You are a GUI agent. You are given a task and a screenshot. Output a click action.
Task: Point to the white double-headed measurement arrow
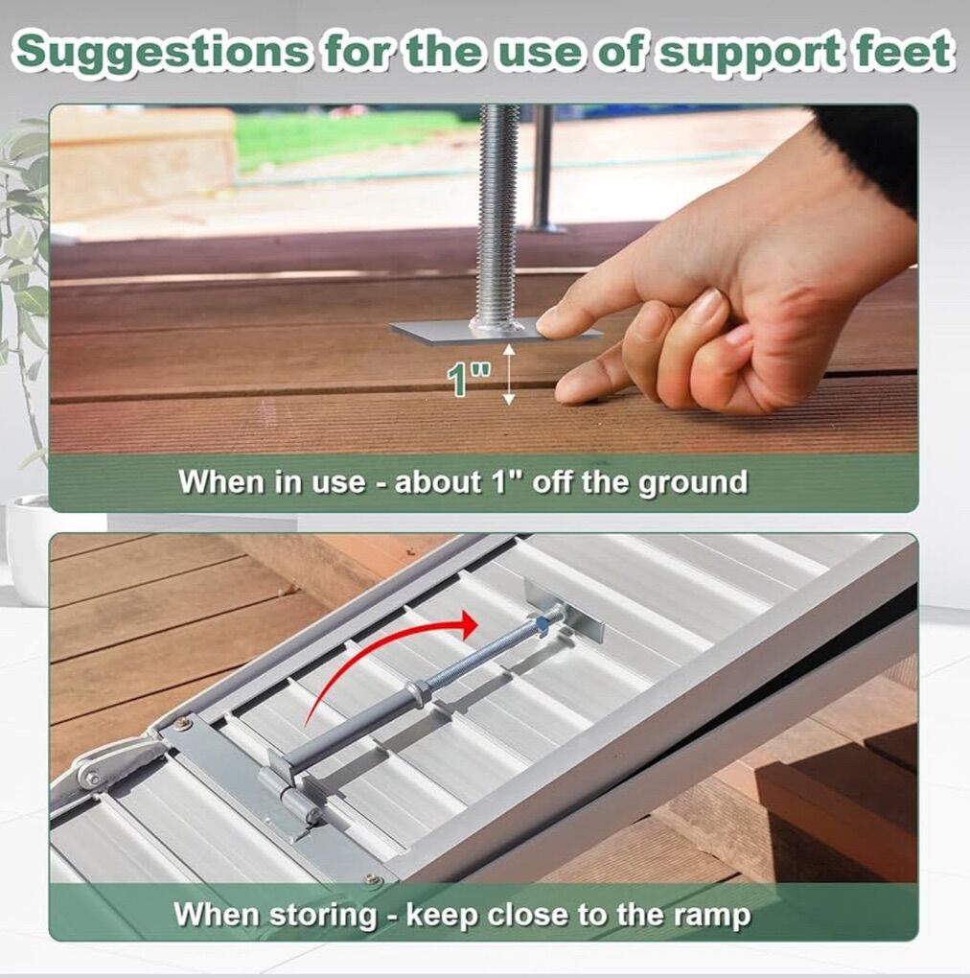point(509,374)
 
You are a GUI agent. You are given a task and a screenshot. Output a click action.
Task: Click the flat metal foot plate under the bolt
point(496,330)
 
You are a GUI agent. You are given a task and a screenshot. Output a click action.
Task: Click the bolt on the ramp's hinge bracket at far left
point(92,779)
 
